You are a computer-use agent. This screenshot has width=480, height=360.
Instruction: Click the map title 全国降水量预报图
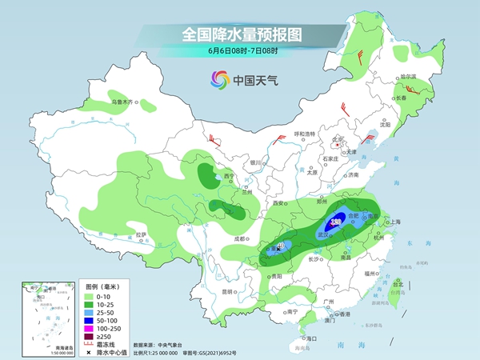(x=239, y=34)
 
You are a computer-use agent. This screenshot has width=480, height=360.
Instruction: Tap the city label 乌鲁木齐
(x=124, y=102)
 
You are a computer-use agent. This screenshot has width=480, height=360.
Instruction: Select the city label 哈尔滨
(x=408, y=78)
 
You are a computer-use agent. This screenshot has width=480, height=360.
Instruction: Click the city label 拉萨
(x=141, y=235)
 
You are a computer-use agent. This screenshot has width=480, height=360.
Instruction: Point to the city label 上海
(x=393, y=222)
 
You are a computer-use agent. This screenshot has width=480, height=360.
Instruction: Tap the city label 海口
(x=312, y=338)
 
